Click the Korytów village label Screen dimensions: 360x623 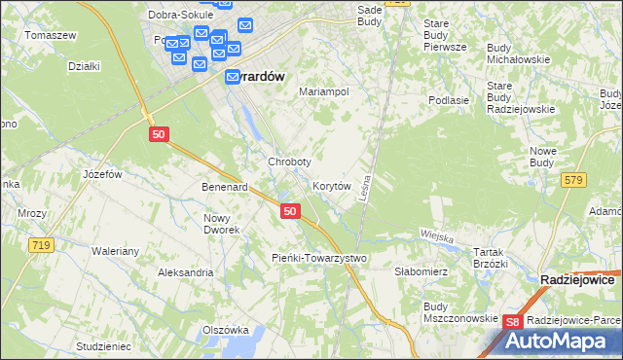click(x=331, y=185)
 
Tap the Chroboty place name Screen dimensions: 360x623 click(x=290, y=162)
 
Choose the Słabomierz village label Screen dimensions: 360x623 click(x=420, y=272)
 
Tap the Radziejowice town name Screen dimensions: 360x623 click(x=576, y=279)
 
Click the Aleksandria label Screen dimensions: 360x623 click(x=186, y=272)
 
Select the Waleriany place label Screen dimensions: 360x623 click(x=116, y=251)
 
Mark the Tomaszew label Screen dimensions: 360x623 click(x=52, y=35)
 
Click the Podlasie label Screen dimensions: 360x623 click(x=450, y=100)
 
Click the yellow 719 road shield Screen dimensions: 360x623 click(x=39, y=246)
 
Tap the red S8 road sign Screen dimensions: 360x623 click(x=515, y=322)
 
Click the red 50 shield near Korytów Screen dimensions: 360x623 click(x=289, y=210)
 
